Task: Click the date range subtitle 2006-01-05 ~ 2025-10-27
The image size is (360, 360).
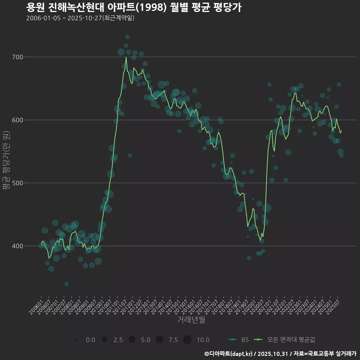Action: pos(80,18)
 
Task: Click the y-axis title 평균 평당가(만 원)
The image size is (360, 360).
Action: pos(6,161)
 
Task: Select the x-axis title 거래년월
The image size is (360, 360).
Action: pos(191,320)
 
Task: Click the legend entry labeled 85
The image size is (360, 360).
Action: pos(245,340)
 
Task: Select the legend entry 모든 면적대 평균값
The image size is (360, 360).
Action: pos(291,340)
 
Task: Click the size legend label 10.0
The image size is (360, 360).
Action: pos(203,340)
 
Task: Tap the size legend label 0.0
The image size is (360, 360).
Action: pos(90,340)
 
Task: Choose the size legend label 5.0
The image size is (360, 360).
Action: pos(145,340)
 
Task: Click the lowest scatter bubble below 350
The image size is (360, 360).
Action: pos(66,284)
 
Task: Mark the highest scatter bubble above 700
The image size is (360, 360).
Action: pos(127,37)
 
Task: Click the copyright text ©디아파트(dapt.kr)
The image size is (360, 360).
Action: pos(229,354)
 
